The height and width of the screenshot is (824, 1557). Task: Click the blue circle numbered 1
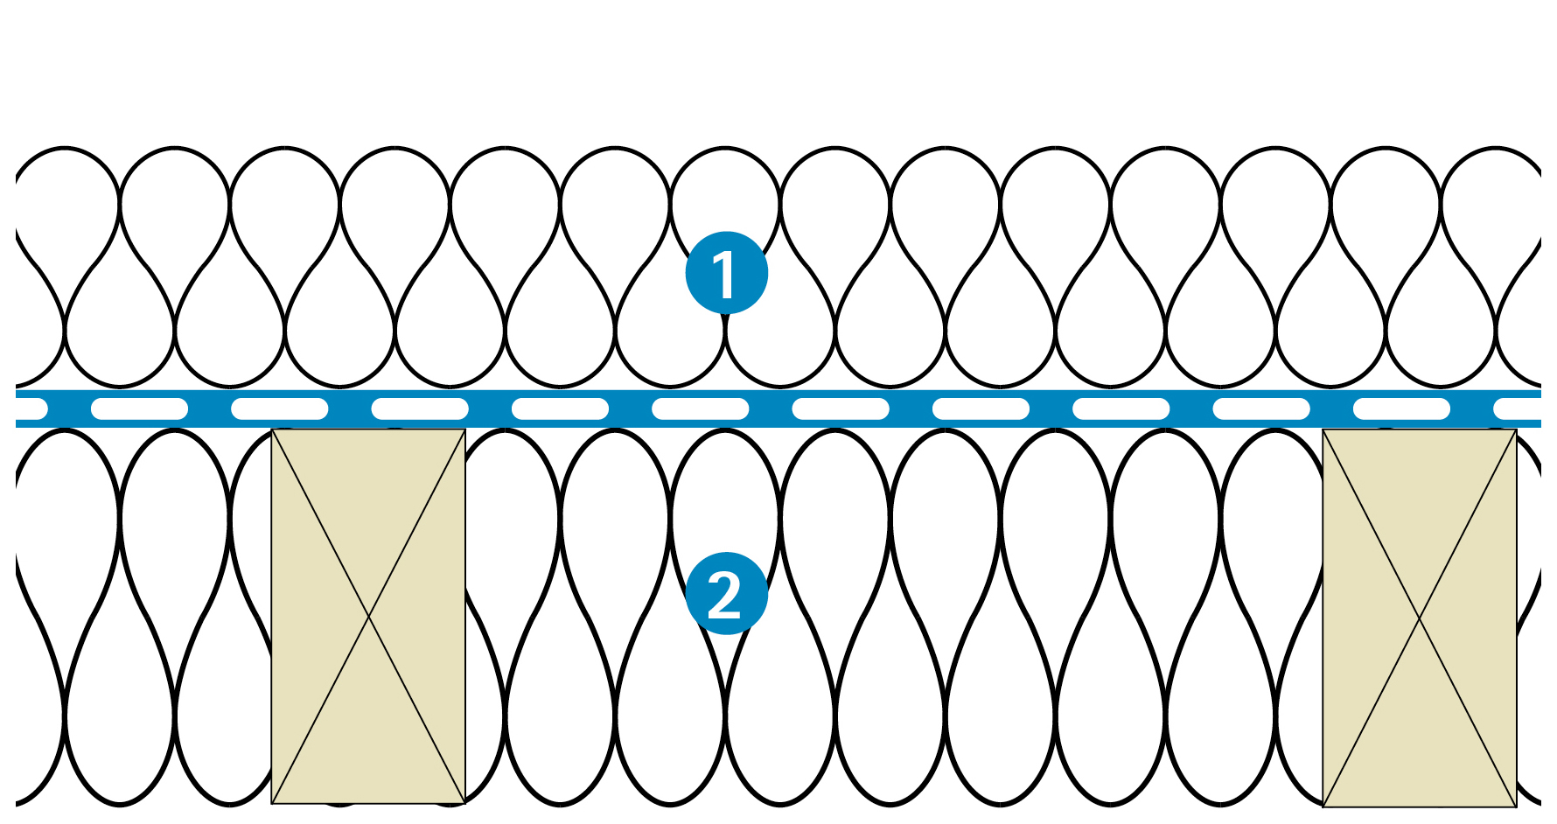point(726,273)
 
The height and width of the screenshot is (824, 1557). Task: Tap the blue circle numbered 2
point(726,594)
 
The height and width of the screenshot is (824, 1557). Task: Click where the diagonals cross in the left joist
point(368,617)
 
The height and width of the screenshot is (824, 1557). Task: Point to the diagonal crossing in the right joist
point(1419,618)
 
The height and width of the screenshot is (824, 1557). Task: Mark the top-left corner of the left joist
point(273,430)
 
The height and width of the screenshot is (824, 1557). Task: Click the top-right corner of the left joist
point(464,430)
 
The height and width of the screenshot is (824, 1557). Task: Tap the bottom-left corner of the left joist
point(273,803)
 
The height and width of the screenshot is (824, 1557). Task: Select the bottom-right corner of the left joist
point(464,803)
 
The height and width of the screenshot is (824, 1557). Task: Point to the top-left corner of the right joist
point(1323,430)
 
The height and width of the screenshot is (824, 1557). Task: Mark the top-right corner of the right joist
point(1516,430)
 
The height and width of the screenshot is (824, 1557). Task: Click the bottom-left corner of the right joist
point(1323,806)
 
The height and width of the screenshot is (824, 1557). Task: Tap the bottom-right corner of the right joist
point(1516,806)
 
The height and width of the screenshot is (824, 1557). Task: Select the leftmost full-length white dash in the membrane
point(140,409)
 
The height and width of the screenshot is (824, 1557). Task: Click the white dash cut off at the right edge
point(1519,409)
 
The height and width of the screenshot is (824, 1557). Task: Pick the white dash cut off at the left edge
point(30,409)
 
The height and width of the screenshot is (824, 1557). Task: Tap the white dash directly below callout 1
point(700,409)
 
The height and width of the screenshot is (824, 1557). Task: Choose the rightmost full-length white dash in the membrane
point(1401,409)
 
